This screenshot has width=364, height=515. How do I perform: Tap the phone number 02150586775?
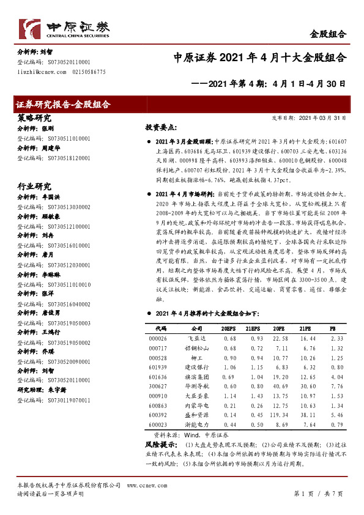[x=89, y=72]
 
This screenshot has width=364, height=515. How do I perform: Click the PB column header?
[x=332, y=328]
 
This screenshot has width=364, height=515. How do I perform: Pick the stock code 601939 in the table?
[x=157, y=367]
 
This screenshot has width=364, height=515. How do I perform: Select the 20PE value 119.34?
[x=279, y=415]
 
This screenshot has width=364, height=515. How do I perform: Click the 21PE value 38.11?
[x=308, y=415]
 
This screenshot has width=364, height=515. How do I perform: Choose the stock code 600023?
[x=157, y=424]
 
